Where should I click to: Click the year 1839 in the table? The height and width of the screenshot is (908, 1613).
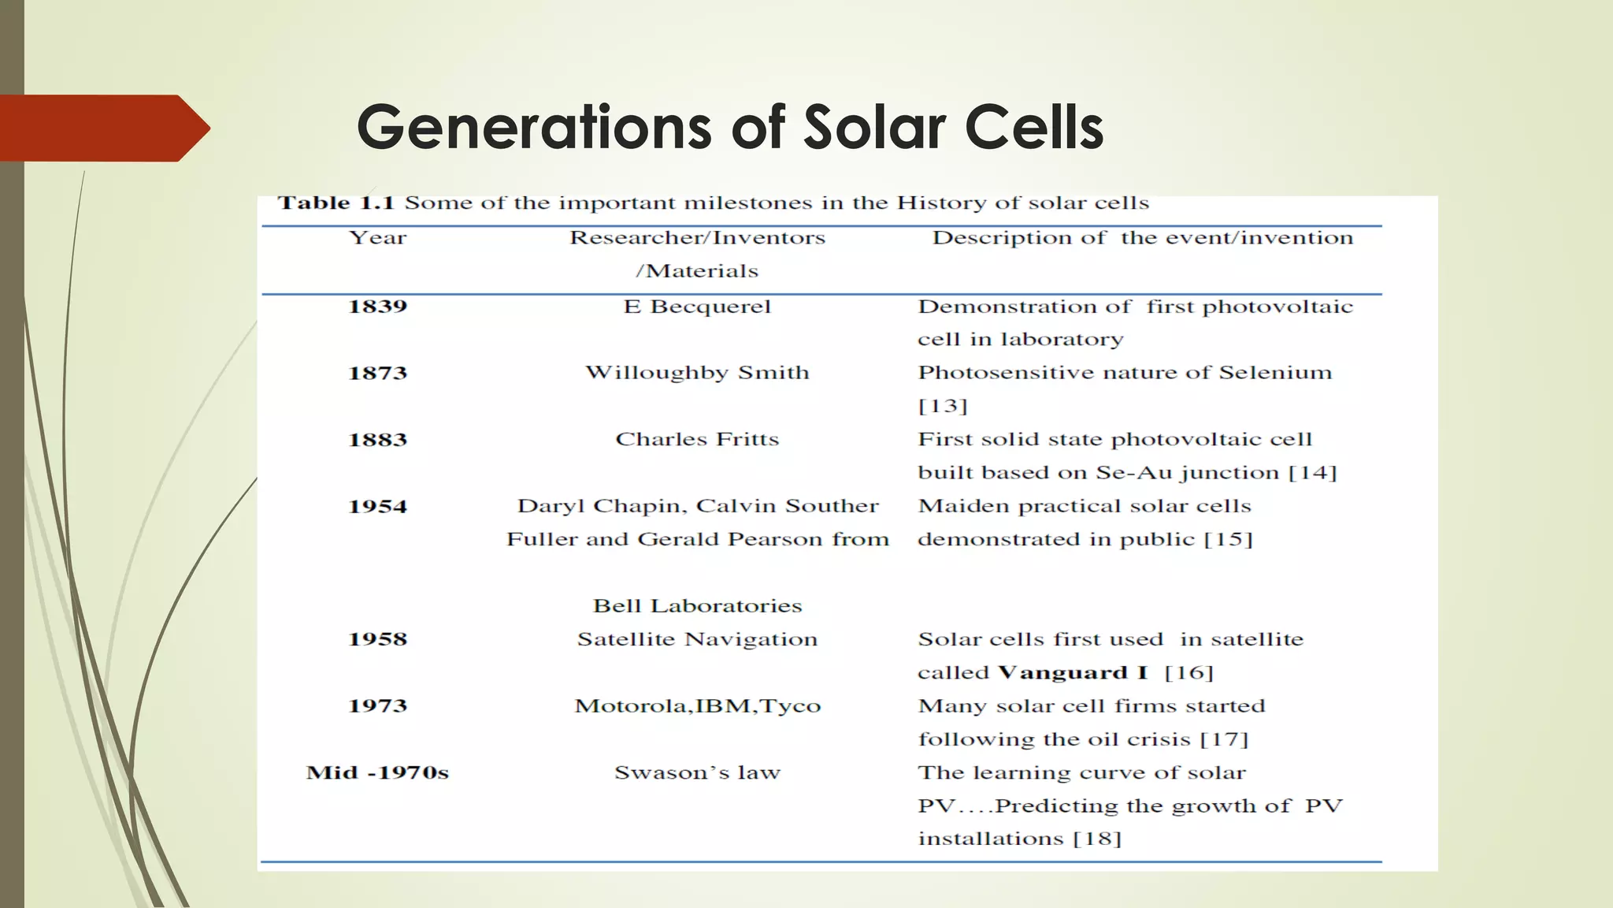(377, 307)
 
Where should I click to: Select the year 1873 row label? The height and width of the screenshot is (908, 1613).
(377, 373)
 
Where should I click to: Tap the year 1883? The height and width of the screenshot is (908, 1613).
(377, 440)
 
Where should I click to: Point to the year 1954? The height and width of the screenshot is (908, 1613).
(377, 506)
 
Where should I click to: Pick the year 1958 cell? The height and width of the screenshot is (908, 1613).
(377, 639)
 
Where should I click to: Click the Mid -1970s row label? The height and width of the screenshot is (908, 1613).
(377, 772)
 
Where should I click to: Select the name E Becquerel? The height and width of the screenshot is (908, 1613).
(697, 307)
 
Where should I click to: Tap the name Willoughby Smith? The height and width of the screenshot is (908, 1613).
(697, 373)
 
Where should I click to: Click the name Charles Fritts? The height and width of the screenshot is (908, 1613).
(697, 440)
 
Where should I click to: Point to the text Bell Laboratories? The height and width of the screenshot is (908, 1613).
(697, 606)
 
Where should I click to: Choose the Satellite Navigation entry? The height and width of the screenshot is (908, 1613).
(697, 639)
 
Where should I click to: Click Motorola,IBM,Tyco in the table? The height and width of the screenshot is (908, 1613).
(697, 706)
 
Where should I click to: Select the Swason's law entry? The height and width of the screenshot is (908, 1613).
(697, 772)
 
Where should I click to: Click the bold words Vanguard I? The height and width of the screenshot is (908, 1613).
(1072, 673)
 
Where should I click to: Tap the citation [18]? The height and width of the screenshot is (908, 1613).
(1097, 839)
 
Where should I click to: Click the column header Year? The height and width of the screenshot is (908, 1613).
(377, 238)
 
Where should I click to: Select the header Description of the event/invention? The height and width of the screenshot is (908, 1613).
(1142, 238)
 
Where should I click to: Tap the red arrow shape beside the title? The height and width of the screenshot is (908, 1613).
(102, 128)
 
